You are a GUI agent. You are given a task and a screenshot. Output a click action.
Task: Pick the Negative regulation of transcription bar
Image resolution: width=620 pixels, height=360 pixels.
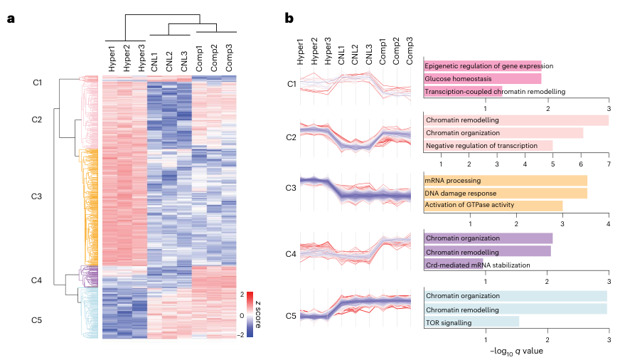tap(488, 146)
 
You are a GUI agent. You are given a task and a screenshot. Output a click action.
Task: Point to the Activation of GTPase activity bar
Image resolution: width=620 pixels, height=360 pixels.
tap(493, 206)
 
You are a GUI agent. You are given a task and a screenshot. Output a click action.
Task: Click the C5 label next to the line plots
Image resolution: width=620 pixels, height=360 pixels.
tap(292, 315)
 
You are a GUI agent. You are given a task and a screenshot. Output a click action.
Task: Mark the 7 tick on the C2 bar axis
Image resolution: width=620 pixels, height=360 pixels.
tap(609, 164)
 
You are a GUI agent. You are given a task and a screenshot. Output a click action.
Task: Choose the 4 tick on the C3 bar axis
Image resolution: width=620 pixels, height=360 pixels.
tap(609, 223)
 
